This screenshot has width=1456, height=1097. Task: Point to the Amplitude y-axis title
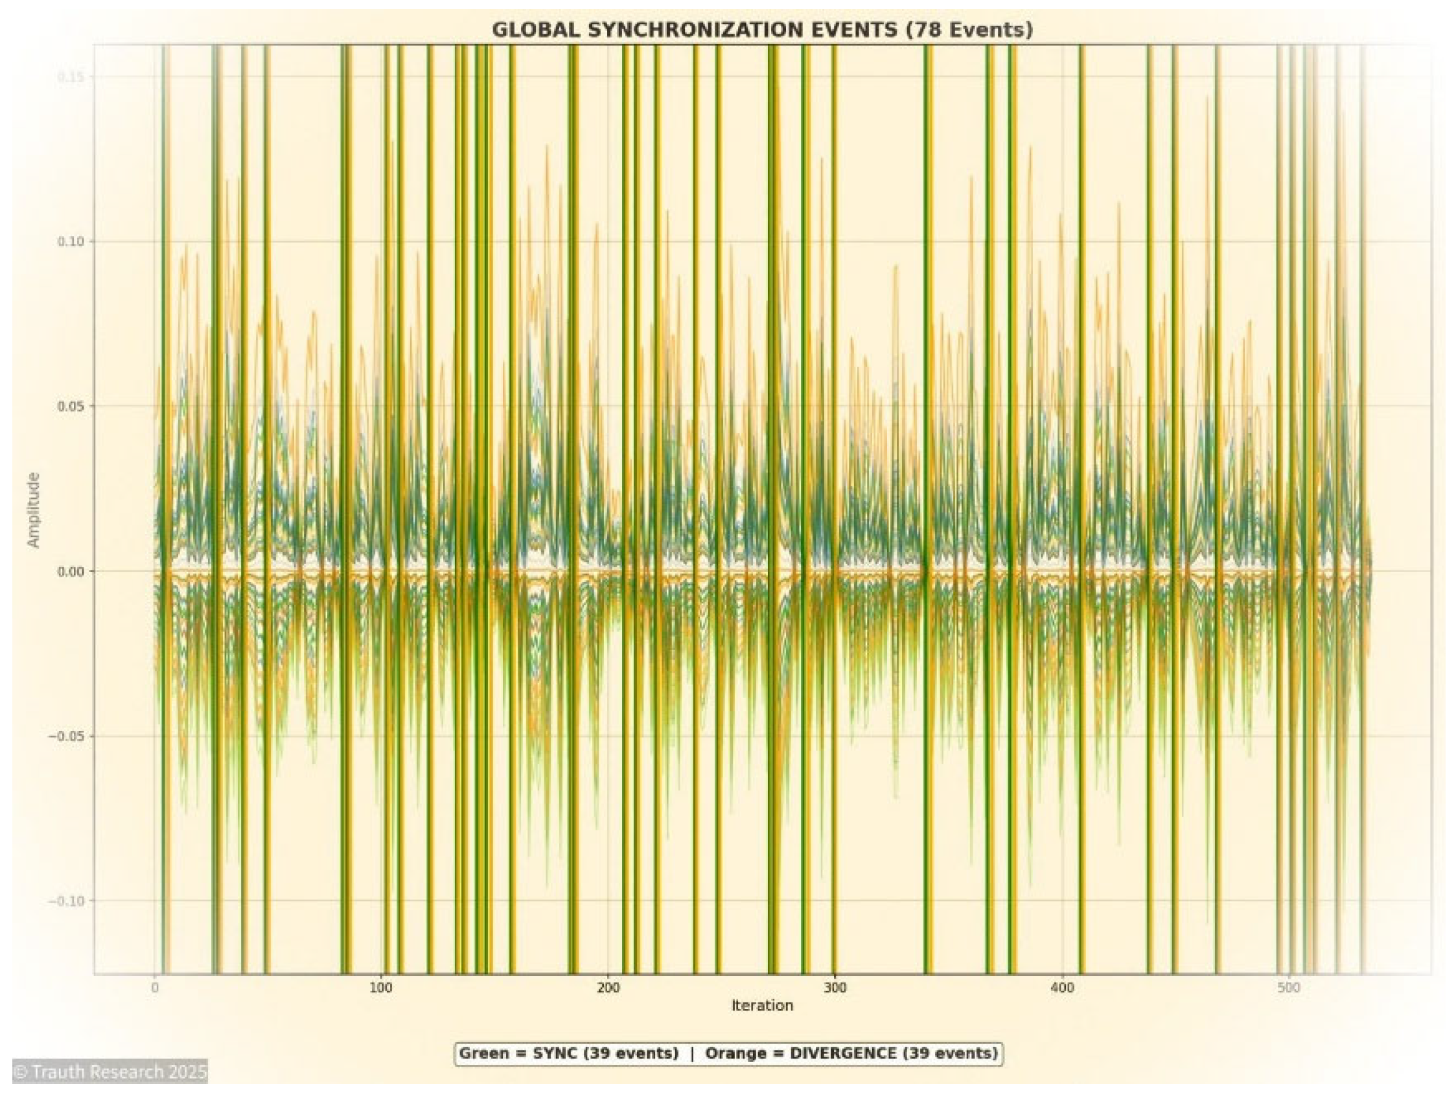(34, 510)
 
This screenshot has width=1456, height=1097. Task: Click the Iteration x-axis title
(761, 1005)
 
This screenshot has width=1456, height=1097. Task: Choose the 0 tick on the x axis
(154, 987)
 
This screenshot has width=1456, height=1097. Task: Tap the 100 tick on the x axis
(381, 987)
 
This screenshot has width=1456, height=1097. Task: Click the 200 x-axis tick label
(608, 987)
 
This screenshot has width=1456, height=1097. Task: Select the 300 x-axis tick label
(835, 987)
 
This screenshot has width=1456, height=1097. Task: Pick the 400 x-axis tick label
(1062, 987)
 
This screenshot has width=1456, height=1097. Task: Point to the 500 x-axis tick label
(1288, 987)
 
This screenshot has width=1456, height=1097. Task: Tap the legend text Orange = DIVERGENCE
(851, 1054)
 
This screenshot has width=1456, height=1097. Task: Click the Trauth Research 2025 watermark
(110, 1072)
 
